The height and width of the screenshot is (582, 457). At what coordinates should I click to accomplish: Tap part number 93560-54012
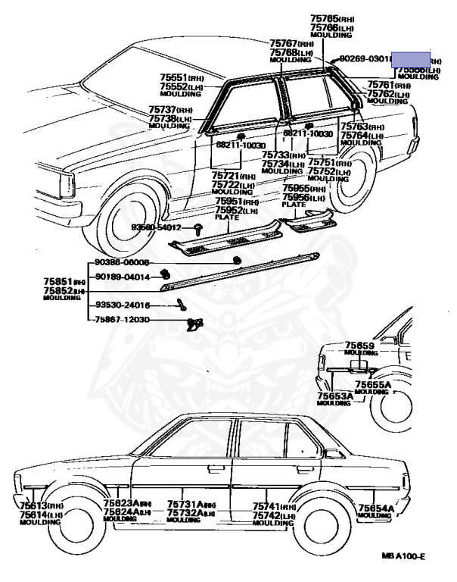click(157, 227)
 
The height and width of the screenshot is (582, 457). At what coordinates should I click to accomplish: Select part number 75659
click(360, 346)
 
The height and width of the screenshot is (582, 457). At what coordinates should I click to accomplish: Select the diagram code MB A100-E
click(404, 556)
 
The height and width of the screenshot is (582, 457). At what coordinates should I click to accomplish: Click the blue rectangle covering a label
click(411, 59)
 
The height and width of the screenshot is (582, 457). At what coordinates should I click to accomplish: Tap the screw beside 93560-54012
click(197, 227)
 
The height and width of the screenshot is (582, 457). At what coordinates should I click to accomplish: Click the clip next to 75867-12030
click(193, 324)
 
